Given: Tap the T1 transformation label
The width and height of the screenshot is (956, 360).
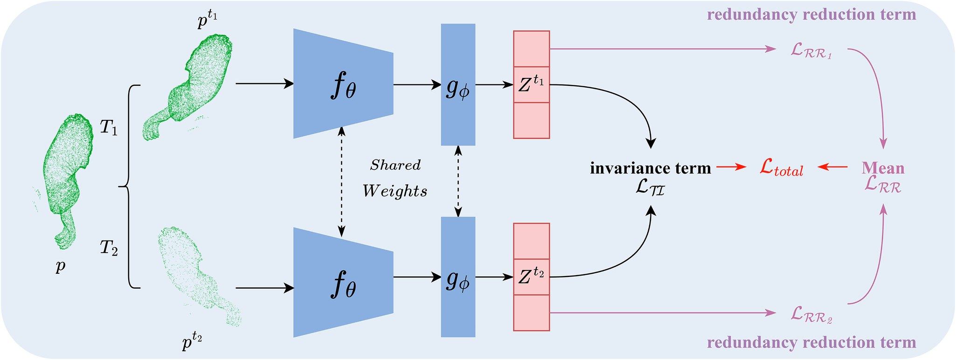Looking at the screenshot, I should tap(109, 127).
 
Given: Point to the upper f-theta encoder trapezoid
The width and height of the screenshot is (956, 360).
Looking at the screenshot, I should tap(343, 84).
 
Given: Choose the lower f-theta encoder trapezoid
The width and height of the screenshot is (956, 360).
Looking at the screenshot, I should tap(343, 282).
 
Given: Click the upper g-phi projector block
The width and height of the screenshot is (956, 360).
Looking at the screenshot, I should tap(458, 85).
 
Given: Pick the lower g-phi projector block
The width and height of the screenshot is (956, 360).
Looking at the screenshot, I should tap(458, 277).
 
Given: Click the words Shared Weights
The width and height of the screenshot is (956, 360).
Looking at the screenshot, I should tap(395, 178).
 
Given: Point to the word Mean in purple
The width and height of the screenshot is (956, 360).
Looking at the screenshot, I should tap(883, 168).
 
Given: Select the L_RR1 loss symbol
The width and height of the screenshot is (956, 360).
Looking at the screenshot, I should tap(811, 51).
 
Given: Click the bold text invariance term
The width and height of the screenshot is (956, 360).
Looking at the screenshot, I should tap(651, 168).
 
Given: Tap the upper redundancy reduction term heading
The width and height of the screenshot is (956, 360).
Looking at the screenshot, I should tap(811, 14).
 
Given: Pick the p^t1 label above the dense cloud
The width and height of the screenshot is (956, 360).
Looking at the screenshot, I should tap(208, 21).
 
